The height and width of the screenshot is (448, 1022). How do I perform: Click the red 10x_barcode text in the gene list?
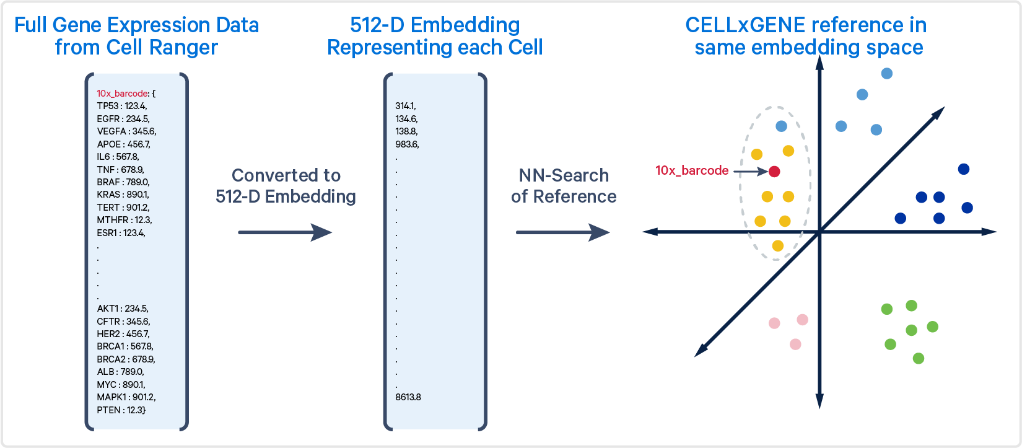coord(123,94)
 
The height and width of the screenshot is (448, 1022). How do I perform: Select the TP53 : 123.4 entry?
coord(121,106)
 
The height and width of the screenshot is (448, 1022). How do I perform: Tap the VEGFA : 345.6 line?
coord(126,131)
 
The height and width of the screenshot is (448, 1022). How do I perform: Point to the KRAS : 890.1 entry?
coord(123,195)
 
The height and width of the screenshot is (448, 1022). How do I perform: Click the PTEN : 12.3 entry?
coord(121,410)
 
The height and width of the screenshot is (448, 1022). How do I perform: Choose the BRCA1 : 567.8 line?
coord(125,346)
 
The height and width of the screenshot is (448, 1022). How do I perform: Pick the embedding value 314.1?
coord(406,106)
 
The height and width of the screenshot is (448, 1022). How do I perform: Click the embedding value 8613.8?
coord(408,397)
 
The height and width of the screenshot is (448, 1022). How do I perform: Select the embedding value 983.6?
coord(407,144)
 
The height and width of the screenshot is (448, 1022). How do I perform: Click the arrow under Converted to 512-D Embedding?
coord(285,232)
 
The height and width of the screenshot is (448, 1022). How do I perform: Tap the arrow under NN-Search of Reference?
coord(562,232)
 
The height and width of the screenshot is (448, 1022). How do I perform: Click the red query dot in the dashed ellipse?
coord(774,172)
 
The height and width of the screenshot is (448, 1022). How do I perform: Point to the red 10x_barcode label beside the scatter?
coord(692,170)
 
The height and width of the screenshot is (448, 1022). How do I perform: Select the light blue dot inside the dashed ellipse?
coord(782,126)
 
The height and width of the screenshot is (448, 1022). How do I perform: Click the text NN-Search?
coord(563,175)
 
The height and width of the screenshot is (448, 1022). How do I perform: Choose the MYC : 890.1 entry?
coord(121,385)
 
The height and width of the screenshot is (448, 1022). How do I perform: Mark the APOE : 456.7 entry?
coord(123,144)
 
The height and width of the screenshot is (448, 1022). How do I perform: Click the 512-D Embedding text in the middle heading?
coord(435,25)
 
